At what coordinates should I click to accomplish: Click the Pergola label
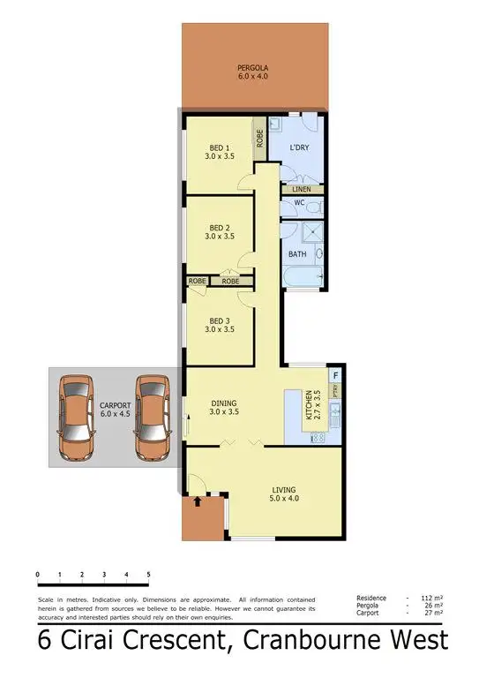coord(251,72)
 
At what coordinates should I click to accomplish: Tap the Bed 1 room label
coord(220,152)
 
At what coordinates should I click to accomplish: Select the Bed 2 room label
coord(220,231)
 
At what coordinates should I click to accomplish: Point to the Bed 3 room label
coord(220,323)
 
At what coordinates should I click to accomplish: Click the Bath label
coord(297,255)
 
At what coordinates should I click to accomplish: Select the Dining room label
coord(225,407)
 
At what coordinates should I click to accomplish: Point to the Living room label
coord(283,494)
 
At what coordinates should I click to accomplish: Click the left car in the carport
coord(77,418)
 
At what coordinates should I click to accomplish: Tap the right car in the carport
coord(152,418)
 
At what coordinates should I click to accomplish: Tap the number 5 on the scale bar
coord(149,575)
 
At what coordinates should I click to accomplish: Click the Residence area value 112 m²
coord(432,598)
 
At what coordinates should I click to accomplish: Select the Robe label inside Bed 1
coord(260,139)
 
